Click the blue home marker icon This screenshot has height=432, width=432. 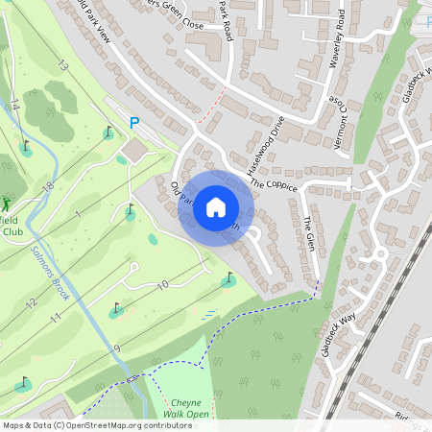coord(216,206)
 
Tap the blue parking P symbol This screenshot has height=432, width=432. coord(134,122)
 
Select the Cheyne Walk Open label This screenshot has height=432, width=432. coord(184,408)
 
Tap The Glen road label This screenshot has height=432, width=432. coord(309,235)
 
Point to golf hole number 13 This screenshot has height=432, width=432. coord(63,66)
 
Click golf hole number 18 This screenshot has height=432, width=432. coord(48,184)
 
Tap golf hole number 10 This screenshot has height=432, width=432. coord(162,284)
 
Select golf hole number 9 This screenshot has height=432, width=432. coord(117,348)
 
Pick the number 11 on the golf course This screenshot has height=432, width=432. coord(56,317)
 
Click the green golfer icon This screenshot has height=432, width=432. coord(8,204)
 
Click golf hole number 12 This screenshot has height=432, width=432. coord(31,303)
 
